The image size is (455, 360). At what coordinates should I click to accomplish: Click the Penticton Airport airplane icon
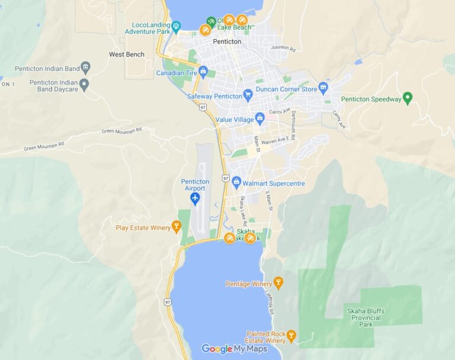pyautogui.click(x=195, y=199)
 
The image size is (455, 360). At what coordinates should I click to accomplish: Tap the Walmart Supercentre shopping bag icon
pyautogui.click(x=236, y=181)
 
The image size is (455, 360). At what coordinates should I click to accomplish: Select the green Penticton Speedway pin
pyautogui.click(x=407, y=98)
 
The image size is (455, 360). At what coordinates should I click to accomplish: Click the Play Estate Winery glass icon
pyautogui.click(x=176, y=226)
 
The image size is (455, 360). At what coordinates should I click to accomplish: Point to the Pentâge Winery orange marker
pyautogui.click(x=278, y=282)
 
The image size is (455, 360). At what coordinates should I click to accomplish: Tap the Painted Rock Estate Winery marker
pyautogui.click(x=291, y=337)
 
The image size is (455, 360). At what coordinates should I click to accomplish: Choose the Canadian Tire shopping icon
pyautogui.click(x=204, y=72)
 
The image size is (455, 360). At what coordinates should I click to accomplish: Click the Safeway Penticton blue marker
pyautogui.click(x=248, y=95)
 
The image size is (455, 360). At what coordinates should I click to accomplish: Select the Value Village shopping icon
pyautogui.click(x=259, y=118)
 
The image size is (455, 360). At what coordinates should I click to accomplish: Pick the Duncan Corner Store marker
pyautogui.click(x=323, y=88)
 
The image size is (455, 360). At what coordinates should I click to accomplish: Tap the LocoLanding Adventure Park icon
pyautogui.click(x=176, y=26)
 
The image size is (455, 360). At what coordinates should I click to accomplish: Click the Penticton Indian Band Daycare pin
pyautogui.click(x=84, y=85)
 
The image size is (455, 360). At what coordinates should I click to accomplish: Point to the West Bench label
pyautogui.click(x=127, y=54)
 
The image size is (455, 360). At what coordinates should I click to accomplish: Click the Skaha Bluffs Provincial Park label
pyautogui.click(x=366, y=317)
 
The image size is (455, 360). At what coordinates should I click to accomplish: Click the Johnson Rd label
pyautogui.click(x=283, y=47)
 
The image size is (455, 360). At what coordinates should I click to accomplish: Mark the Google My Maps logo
pyautogui.click(x=235, y=349)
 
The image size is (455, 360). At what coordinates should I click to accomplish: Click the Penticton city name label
pyautogui.click(x=227, y=42)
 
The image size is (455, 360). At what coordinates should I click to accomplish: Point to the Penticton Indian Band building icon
pyautogui.click(x=86, y=66)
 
